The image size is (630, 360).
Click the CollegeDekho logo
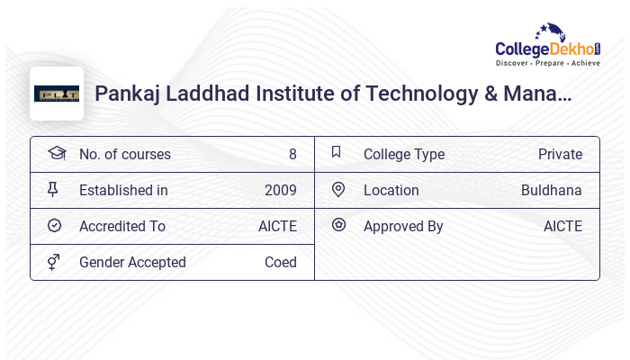[x=548, y=47]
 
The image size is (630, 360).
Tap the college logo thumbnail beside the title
[x=57, y=94]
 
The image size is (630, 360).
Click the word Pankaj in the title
[x=125, y=94]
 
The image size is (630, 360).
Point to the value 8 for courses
[x=292, y=154]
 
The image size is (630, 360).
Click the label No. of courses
[x=124, y=154]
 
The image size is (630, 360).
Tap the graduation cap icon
[x=56, y=153]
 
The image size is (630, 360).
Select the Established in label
[x=123, y=190]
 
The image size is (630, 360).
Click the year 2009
[x=281, y=190]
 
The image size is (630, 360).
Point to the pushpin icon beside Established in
[x=53, y=189]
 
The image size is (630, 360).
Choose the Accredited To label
[x=122, y=226]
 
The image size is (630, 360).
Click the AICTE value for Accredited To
[x=277, y=226]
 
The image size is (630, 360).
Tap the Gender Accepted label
[x=132, y=262]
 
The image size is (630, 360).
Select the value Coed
[x=281, y=262]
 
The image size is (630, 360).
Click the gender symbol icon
[x=54, y=262]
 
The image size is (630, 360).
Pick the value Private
[x=560, y=154]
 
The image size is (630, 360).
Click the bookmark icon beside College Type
[x=337, y=152]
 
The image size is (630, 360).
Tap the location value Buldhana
[x=552, y=190]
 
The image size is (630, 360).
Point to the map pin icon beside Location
[x=338, y=189]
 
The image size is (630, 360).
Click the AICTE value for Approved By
[x=562, y=226]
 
